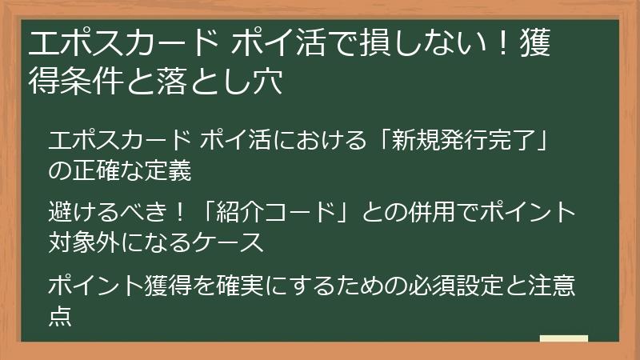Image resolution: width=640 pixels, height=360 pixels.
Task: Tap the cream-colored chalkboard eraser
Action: pyautogui.click(x=563, y=339)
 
